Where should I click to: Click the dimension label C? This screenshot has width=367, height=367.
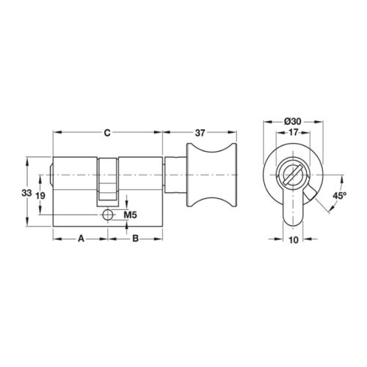pos(107,133)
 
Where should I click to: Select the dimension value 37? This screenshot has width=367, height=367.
pos(200,133)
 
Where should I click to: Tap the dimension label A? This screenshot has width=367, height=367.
pos(81,239)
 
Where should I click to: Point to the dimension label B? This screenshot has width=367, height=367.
pos(135,239)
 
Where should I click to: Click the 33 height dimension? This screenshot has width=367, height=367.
pos(26,193)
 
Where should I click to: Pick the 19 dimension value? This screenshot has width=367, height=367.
pos(40,196)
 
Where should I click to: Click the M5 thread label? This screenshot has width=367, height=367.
pos(131,215)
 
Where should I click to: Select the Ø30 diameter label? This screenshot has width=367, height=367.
pos(293,122)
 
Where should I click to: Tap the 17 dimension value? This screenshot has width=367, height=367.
pos(293,132)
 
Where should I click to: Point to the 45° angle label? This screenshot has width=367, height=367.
pos(340,195)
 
